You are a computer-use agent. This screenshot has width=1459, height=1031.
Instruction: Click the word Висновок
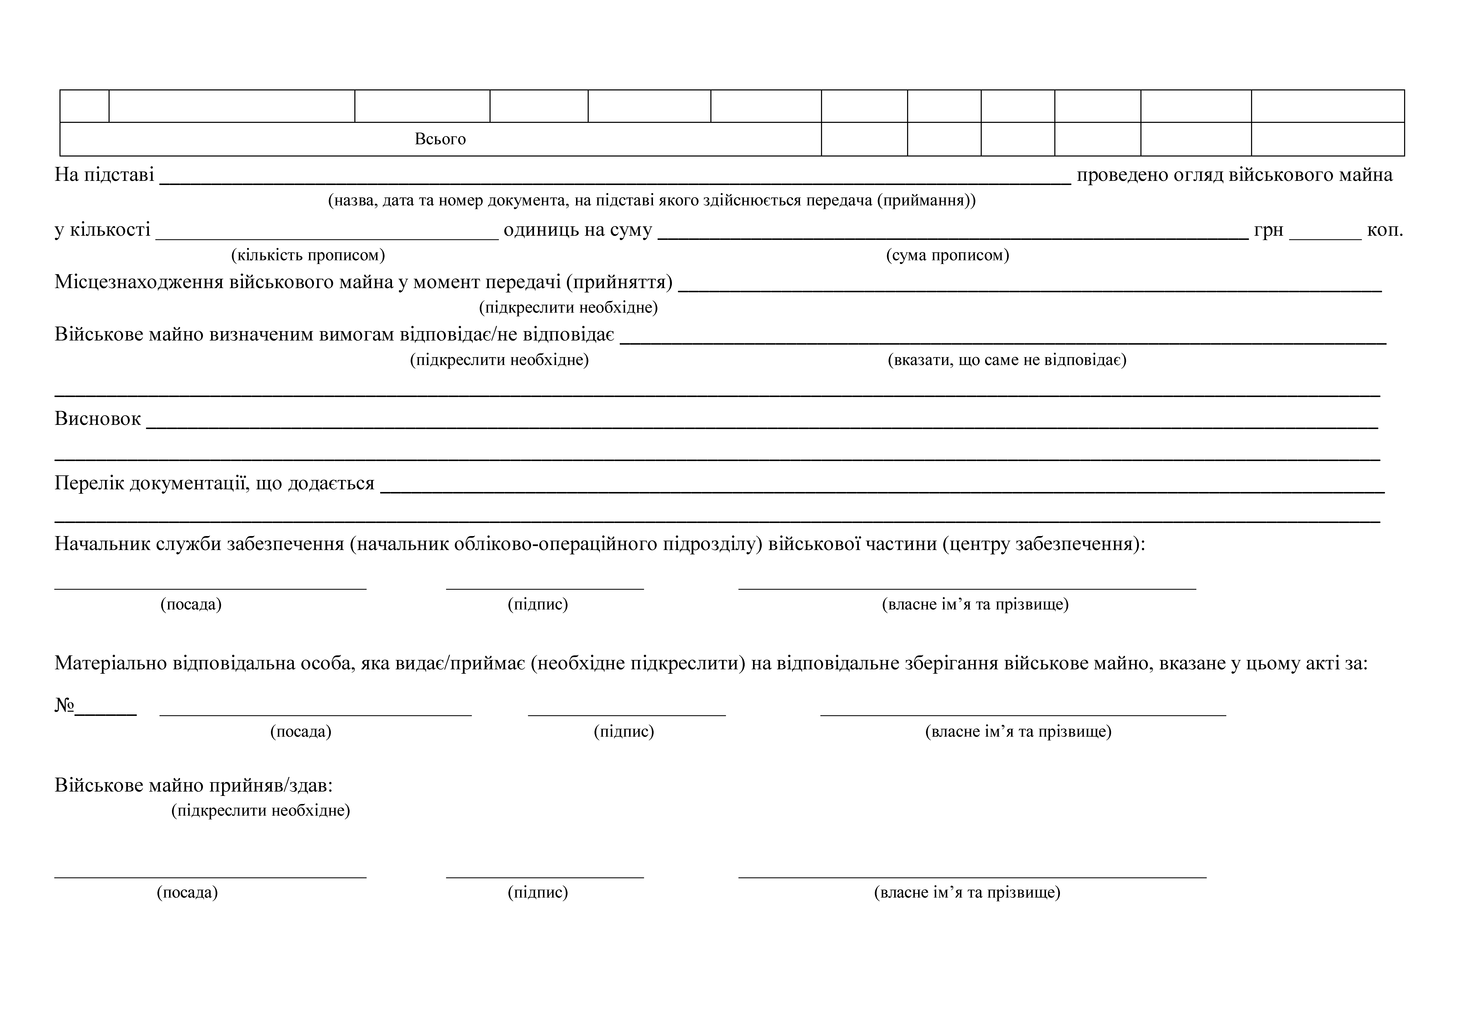tap(97, 419)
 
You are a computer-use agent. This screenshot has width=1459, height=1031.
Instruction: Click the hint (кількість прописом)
tap(308, 255)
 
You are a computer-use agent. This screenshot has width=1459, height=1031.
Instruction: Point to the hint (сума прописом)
tap(947, 255)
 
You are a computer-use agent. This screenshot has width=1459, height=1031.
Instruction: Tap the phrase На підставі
tap(104, 175)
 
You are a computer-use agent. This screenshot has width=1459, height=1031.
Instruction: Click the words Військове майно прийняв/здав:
tap(194, 786)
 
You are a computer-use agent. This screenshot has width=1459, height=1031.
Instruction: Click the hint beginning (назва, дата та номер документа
tap(651, 201)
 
